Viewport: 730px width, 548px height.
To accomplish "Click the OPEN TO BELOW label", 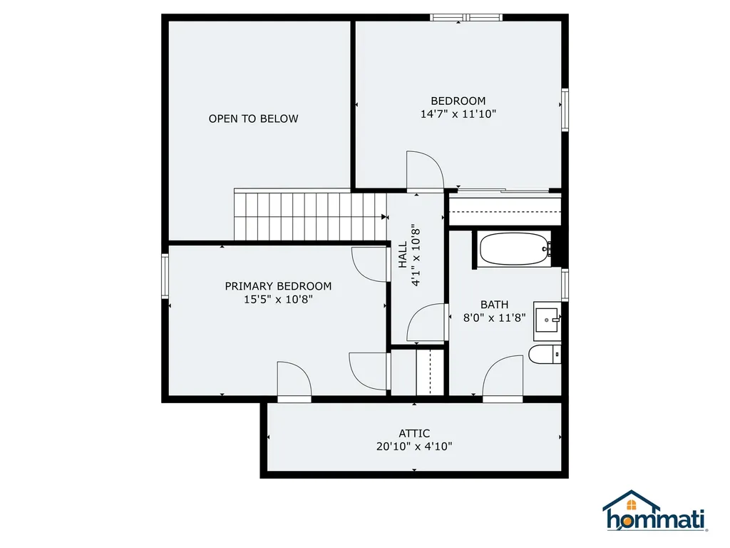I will [253, 118].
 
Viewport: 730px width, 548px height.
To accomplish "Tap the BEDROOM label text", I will [458, 101].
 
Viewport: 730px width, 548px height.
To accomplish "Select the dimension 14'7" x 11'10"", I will [458, 114].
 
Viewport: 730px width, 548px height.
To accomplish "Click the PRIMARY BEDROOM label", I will [278, 286].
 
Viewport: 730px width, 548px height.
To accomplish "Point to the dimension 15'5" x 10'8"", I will [278, 300].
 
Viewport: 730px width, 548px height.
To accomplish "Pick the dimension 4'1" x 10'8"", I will [416, 255].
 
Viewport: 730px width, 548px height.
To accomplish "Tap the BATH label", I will [494, 305].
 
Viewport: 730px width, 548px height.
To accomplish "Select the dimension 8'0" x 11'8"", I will [494, 318].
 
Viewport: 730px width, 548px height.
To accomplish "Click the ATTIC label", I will [414, 433].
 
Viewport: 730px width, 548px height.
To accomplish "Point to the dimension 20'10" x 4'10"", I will [414, 447].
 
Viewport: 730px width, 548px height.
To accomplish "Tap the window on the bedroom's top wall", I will [466, 17].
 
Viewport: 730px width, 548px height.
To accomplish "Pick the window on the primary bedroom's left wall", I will [165, 277].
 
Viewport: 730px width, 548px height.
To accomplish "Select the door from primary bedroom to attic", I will [294, 381].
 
